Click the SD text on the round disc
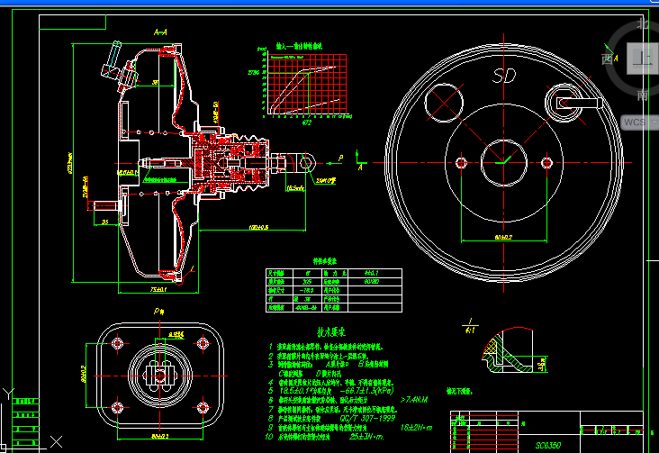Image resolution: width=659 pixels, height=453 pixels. point(504,77)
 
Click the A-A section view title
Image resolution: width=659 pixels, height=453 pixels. point(160,32)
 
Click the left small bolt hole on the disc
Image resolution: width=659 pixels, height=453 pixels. point(462,162)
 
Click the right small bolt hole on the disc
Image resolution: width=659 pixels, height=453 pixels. point(546,162)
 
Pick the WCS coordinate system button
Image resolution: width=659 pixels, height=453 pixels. point(635,121)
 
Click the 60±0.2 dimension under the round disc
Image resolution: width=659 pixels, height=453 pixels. point(503,237)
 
